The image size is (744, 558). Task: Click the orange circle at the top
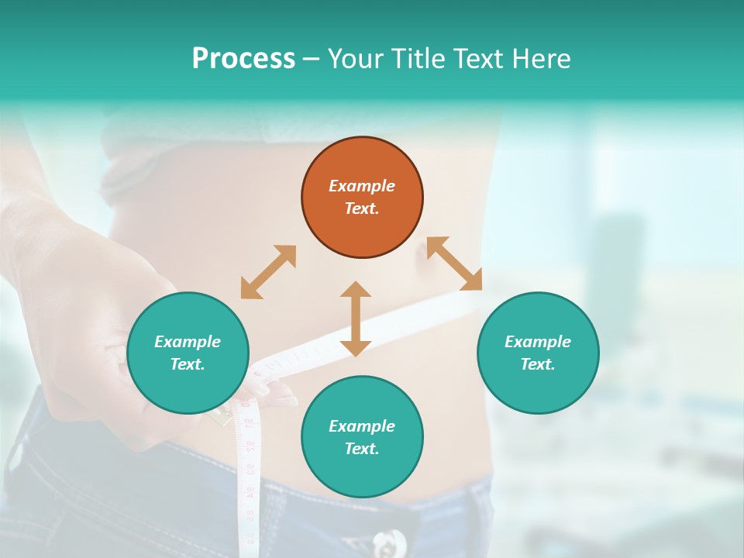coord(362,198)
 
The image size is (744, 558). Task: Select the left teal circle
coord(188,353)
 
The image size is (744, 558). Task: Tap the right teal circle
coord(538,353)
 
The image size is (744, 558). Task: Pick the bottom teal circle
coord(362,437)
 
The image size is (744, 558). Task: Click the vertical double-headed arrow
coord(356,319)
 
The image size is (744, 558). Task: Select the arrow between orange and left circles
coord(268,272)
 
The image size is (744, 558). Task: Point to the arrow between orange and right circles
coord(455,263)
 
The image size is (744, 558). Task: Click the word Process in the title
coord(243,59)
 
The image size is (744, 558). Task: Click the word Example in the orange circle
coord(362,186)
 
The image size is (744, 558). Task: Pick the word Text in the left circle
coord(188,364)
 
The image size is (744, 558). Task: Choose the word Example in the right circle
coord(538,342)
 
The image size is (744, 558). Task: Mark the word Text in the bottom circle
coord(362,449)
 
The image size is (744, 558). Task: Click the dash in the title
coord(311,59)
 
